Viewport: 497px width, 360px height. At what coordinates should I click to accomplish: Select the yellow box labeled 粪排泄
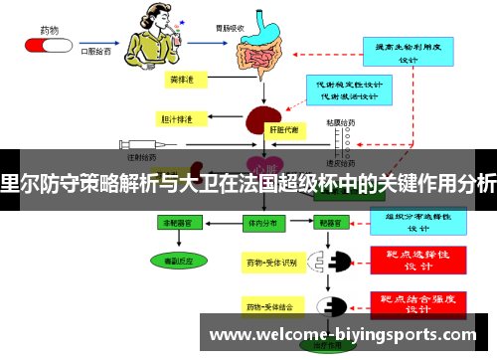[183, 78]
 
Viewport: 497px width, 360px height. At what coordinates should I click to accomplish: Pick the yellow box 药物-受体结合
[270, 305]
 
